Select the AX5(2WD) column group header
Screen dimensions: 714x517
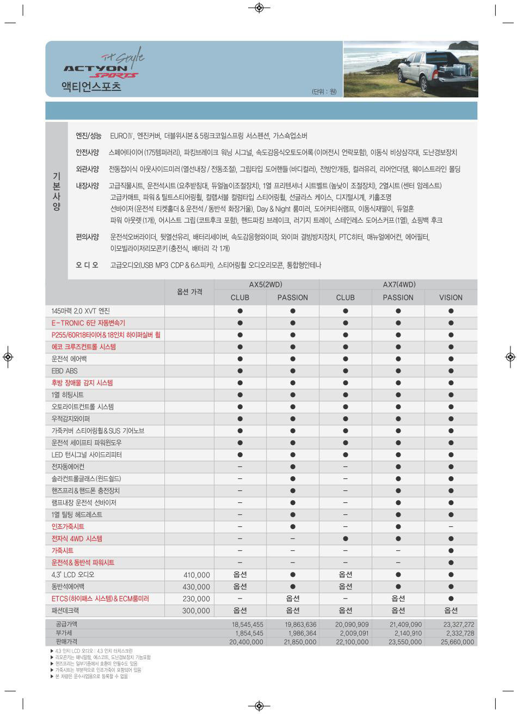tap(266, 285)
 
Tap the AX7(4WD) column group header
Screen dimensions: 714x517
tap(398, 285)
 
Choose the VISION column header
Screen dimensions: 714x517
tap(451, 298)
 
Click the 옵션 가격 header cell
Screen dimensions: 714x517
tap(189, 292)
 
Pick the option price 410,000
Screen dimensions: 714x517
tap(196, 575)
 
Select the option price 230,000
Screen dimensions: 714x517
tap(196, 599)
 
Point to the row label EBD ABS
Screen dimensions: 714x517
tap(65, 371)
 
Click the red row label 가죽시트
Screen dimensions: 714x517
tap(63, 551)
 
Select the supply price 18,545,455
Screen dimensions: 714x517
tap(247, 625)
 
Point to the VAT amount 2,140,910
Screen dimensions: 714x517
tap(405, 633)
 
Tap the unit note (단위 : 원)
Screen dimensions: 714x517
tap(324, 91)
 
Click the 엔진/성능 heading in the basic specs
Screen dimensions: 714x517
tap(88, 136)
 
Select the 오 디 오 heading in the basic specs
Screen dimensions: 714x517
tap(87, 265)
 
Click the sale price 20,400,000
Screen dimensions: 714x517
tap(246, 642)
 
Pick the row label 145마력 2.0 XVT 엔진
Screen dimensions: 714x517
tap(81, 311)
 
